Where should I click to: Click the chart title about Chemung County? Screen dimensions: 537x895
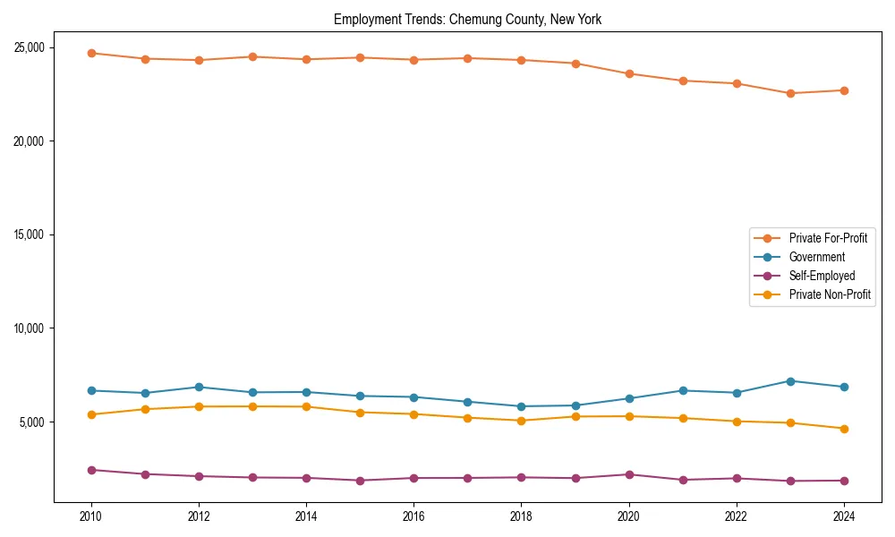[x=473, y=19]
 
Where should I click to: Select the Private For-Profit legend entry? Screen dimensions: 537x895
[x=828, y=238]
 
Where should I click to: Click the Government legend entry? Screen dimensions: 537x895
[x=816, y=257]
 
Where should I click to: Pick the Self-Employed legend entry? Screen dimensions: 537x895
[x=822, y=276]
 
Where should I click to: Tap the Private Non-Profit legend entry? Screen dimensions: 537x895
[x=830, y=294]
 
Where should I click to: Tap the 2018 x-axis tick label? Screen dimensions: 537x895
[x=522, y=516]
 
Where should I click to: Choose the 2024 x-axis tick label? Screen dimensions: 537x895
[x=844, y=516]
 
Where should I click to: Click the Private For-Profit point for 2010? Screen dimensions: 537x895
[x=91, y=53]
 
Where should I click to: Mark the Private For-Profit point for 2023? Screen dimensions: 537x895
[x=790, y=93]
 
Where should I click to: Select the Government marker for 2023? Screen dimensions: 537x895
[x=790, y=381]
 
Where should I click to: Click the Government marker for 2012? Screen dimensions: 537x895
[x=199, y=388]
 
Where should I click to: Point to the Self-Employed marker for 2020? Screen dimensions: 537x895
[x=629, y=474]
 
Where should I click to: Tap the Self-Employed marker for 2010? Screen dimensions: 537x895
[x=91, y=470]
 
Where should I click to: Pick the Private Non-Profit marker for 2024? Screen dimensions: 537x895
[x=844, y=429]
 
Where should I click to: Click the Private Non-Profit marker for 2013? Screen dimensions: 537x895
[x=252, y=406]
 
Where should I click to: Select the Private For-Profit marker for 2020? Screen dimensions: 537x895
[x=629, y=73]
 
